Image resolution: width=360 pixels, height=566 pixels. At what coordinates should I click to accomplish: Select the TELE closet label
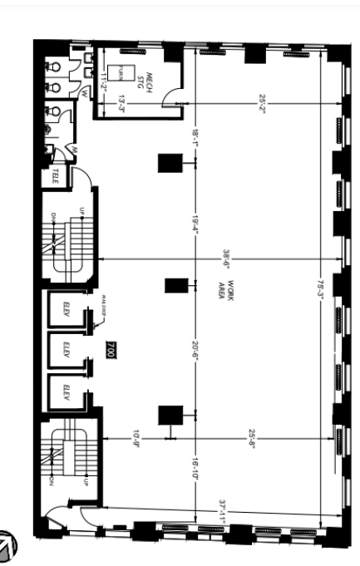click(57, 176)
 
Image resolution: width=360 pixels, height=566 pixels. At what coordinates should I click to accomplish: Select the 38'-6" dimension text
click(224, 261)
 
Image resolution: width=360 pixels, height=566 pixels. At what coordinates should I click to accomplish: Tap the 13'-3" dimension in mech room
click(121, 104)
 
